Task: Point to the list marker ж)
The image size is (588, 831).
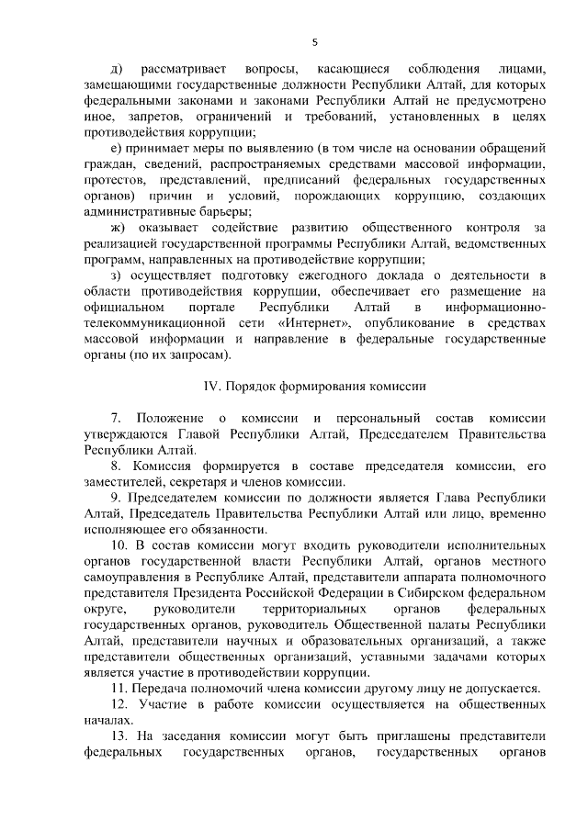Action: point(117,226)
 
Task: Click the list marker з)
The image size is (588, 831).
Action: point(115,274)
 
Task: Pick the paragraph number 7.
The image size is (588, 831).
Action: point(116,419)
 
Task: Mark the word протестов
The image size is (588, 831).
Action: point(114,179)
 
